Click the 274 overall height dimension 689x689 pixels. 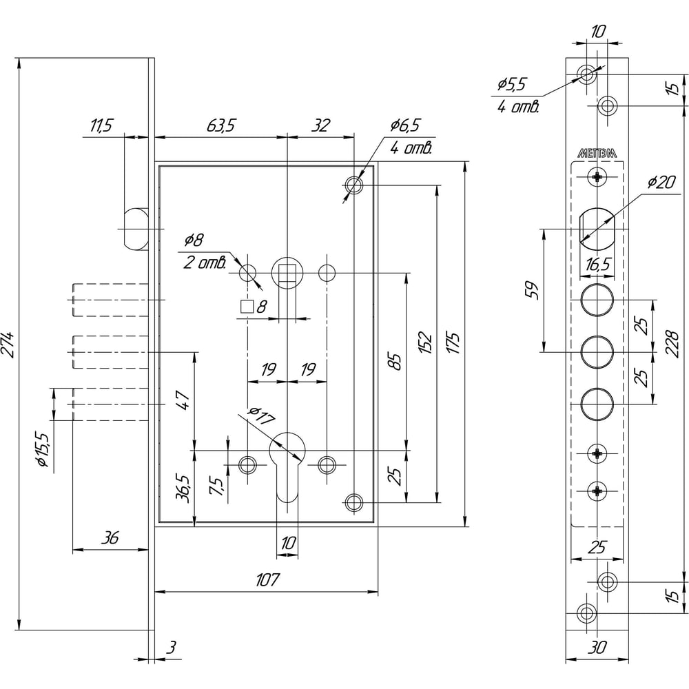pyautogui.click(x=8, y=345)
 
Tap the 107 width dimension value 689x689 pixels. pyautogui.click(x=267, y=580)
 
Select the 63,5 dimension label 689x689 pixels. pyautogui.click(x=221, y=125)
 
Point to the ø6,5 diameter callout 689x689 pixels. pyautogui.click(x=405, y=125)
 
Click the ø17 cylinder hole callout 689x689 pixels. pyautogui.click(x=261, y=415)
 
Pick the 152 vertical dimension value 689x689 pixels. pyautogui.click(x=425, y=343)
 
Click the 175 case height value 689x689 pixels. pyautogui.click(x=453, y=343)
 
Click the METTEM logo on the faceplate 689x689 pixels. pyautogui.click(x=597, y=153)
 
